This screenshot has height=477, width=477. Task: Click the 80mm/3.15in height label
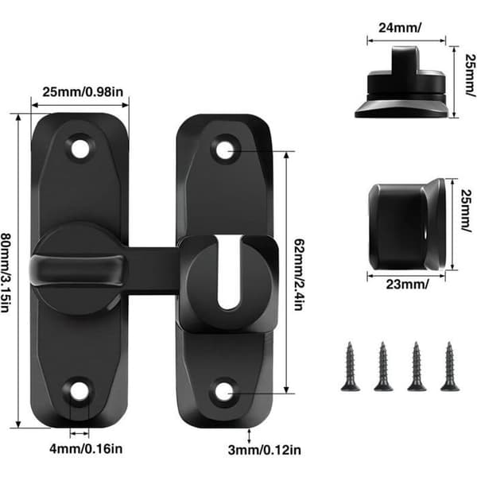(x=6, y=272)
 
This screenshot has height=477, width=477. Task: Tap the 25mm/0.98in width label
(x=83, y=92)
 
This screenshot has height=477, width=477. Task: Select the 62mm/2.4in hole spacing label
(x=299, y=274)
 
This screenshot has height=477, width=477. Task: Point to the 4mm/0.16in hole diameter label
(x=86, y=449)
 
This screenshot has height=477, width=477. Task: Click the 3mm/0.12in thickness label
(x=265, y=450)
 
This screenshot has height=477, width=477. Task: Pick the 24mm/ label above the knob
(x=400, y=28)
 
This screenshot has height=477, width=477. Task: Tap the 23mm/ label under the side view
(x=407, y=285)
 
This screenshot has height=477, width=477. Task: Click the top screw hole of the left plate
(x=80, y=149)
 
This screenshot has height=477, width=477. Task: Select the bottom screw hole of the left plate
(x=79, y=391)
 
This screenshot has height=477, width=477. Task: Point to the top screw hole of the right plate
(x=225, y=150)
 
